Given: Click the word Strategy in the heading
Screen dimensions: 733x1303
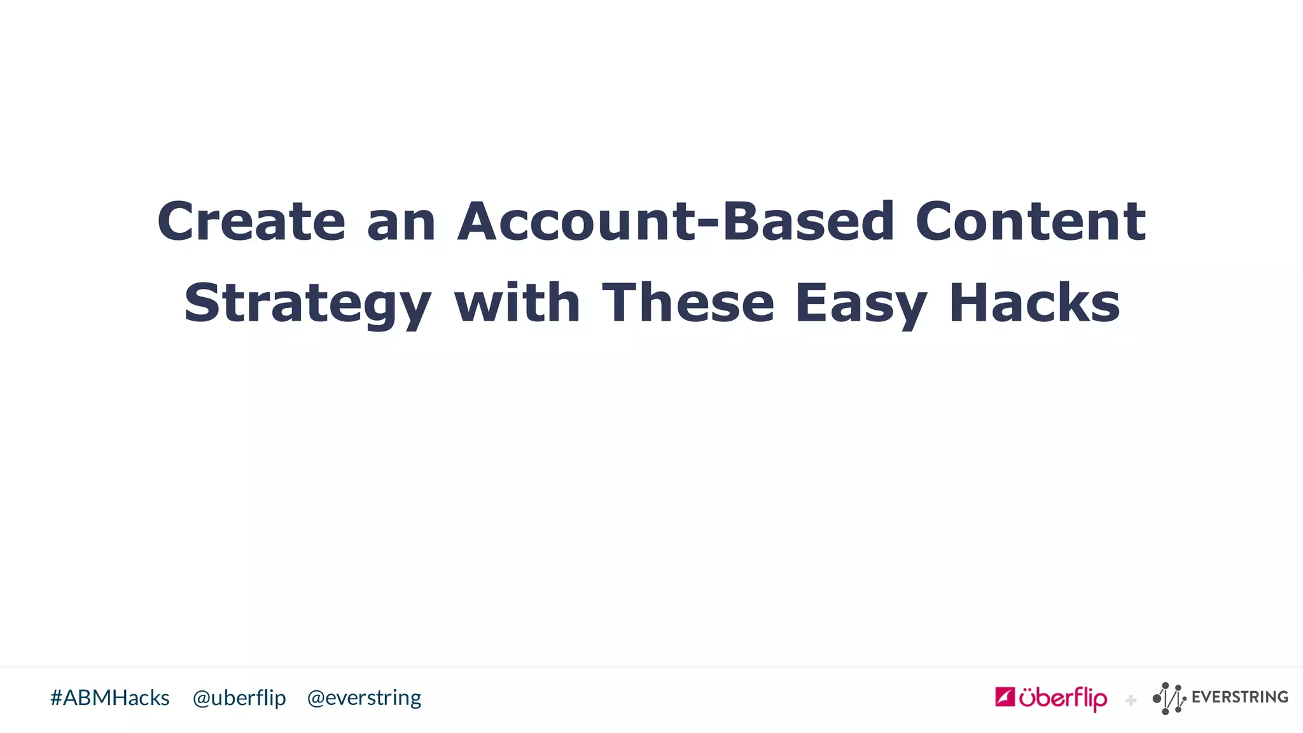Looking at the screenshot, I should [308, 304].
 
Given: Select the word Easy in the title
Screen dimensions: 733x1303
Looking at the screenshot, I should [861, 304].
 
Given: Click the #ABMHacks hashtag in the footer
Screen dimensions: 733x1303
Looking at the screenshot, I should [110, 698].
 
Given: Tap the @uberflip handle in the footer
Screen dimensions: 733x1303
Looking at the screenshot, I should [239, 698].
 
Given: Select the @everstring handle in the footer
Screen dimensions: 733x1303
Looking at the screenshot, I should [364, 698].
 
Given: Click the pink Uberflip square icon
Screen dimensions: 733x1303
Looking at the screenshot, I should [1005, 697].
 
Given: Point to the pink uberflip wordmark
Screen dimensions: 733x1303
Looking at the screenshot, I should [1063, 699].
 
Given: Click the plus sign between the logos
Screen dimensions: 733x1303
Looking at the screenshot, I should [1131, 701].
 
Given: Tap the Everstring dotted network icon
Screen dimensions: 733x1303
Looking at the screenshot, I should [1169, 698].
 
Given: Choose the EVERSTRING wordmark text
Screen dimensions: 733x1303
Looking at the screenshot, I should [1239, 697].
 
